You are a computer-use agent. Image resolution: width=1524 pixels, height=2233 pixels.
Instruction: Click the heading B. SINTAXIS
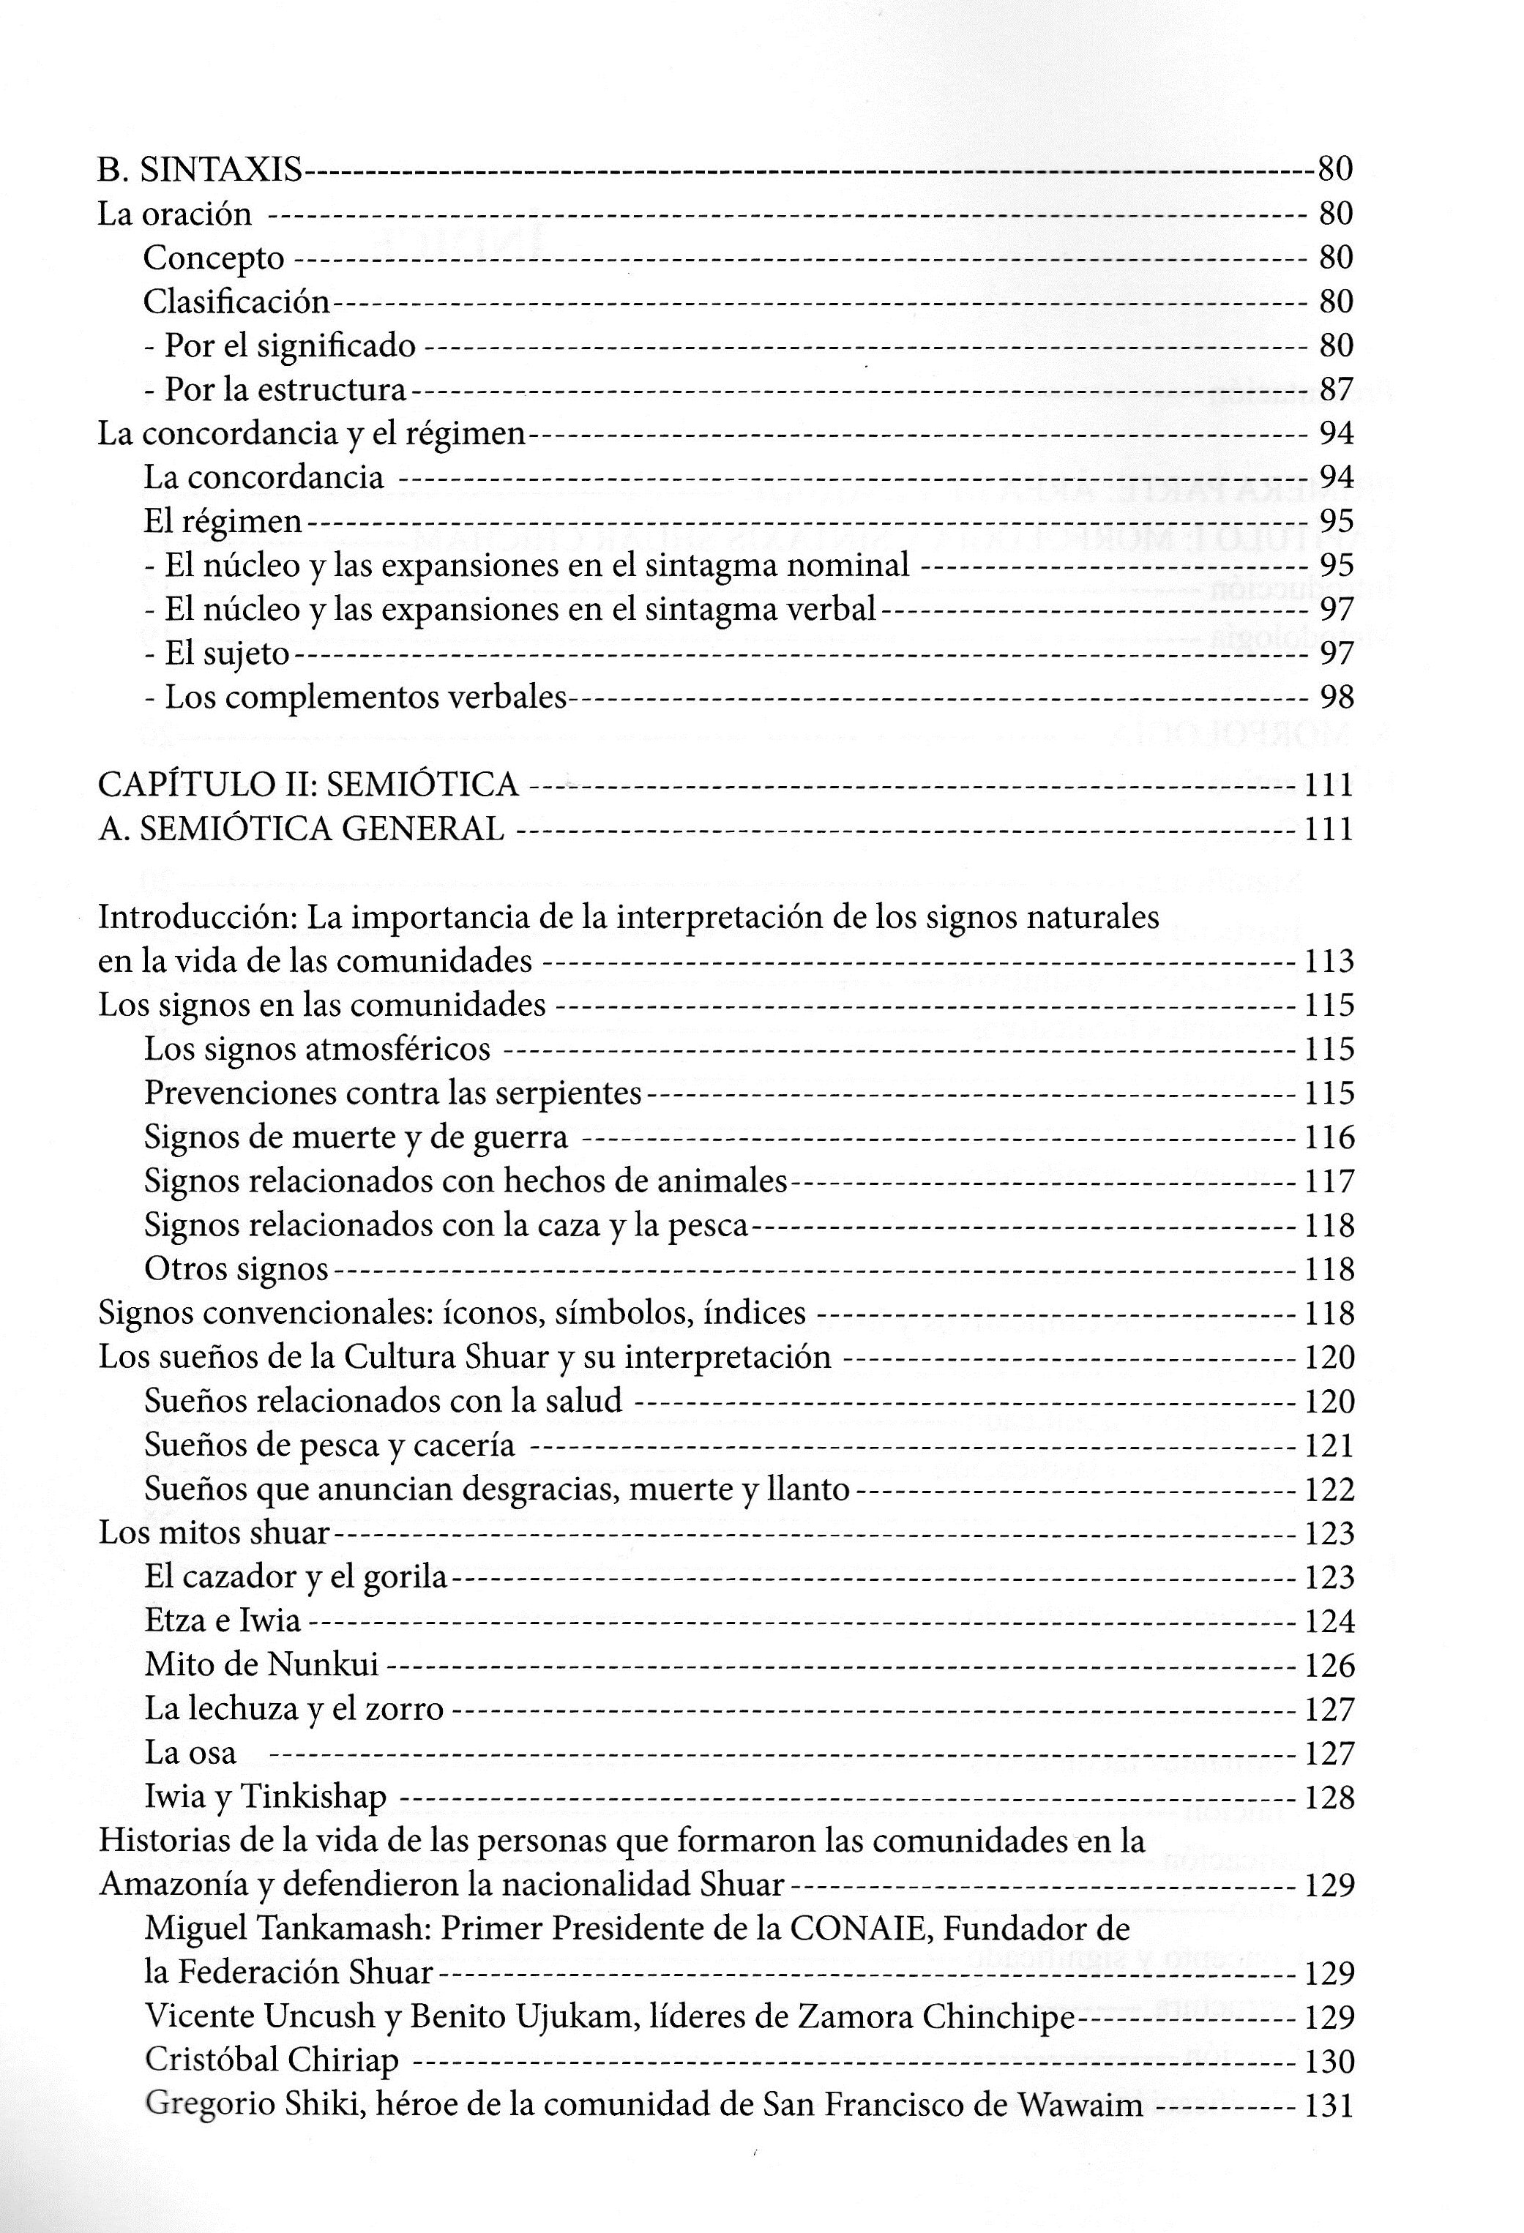200,170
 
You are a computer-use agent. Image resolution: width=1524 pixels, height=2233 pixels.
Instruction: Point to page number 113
1329,961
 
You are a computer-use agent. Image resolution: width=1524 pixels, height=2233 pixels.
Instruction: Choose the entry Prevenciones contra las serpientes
393,1093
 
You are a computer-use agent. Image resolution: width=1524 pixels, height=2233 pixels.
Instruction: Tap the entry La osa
190,1753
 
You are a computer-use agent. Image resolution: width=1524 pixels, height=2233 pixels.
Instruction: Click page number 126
1329,1665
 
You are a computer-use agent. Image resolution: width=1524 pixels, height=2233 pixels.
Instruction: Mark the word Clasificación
236,302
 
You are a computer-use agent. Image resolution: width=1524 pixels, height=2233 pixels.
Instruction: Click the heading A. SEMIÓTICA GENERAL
301,829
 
